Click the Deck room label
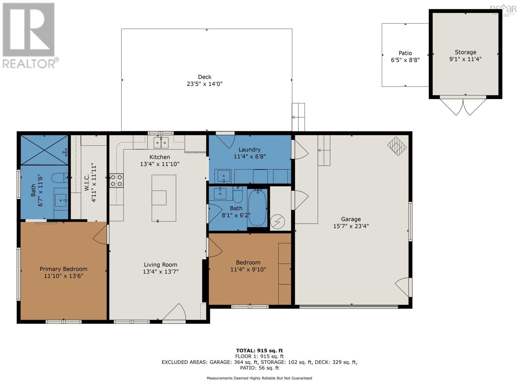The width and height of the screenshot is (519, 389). click(x=205, y=77)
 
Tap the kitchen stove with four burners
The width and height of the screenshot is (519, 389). click(x=116, y=181)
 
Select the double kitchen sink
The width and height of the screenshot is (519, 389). click(x=161, y=143)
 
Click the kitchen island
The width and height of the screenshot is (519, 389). click(x=164, y=198)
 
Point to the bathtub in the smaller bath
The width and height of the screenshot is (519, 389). click(x=257, y=207)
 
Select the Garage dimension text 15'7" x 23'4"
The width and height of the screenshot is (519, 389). click(x=351, y=226)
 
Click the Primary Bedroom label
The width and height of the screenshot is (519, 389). click(x=63, y=269)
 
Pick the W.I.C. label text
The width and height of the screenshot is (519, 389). click(x=87, y=182)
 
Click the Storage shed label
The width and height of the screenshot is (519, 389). click(x=465, y=52)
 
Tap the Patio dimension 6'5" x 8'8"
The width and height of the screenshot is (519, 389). click(x=405, y=60)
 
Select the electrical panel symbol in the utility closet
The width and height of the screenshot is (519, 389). click(x=277, y=221)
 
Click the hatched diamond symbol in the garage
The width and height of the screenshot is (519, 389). click(x=397, y=146)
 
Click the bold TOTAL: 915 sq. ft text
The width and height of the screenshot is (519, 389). click(x=259, y=350)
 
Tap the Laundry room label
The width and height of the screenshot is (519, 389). click(x=249, y=149)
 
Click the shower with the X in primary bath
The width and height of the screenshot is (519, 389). click(x=44, y=150)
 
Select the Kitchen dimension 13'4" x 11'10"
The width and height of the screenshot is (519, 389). click(x=160, y=164)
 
